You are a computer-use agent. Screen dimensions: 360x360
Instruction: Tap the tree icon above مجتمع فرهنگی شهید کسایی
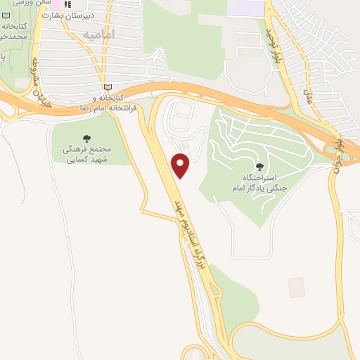(x=87, y=139)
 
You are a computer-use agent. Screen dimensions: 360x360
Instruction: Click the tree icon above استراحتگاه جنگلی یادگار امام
(x=260, y=167)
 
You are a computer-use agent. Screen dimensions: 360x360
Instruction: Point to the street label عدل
(x=307, y=96)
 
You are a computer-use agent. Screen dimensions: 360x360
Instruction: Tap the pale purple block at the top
(x=246, y=8)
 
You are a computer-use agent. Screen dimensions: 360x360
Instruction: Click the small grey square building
(x=296, y=287)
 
